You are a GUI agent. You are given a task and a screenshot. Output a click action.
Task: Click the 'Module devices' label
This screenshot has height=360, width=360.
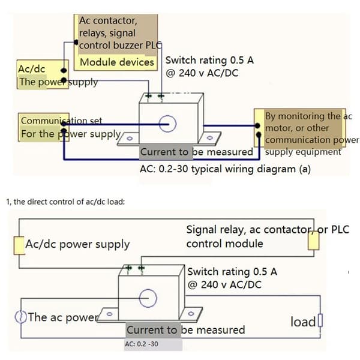coord(117,62)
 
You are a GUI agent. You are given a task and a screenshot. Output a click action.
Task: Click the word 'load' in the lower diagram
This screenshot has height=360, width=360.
coord(303,322)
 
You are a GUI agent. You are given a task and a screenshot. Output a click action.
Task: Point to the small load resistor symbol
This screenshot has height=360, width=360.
coord(320,320)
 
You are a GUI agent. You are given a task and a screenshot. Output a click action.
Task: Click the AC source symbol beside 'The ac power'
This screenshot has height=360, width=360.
coord(20,317)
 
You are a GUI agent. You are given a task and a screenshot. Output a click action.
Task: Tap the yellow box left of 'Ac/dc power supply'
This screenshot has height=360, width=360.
coord(19,245)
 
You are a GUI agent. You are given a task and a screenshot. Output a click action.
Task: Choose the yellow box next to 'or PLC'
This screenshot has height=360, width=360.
coord(313,241)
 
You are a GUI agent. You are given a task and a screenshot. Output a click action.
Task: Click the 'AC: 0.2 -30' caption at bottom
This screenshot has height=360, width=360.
coord(142,344)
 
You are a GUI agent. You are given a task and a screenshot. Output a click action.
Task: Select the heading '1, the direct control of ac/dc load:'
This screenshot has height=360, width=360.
coord(65,202)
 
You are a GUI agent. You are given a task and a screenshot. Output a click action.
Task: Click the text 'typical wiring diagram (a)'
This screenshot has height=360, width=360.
coord(251,169)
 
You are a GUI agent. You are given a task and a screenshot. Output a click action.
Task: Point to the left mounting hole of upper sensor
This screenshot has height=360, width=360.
coord(130,139)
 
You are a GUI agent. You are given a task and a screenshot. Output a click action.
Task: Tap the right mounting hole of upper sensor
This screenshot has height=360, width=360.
coord(209,138)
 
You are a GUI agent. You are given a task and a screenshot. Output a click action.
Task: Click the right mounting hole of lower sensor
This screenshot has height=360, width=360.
coord(191,313)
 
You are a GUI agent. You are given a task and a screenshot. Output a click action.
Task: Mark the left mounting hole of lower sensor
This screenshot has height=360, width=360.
coord(110,314)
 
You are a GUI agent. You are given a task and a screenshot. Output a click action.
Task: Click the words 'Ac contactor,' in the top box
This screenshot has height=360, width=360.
coord(108,21)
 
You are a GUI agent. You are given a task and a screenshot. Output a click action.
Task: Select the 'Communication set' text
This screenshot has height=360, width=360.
coord(61,121)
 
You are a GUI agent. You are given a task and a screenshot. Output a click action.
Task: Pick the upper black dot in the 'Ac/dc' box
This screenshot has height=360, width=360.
coord(64,70)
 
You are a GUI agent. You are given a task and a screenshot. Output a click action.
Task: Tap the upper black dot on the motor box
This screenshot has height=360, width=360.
coord(257,125)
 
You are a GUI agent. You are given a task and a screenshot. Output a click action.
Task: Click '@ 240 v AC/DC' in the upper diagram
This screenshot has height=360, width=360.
coord(202,73)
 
